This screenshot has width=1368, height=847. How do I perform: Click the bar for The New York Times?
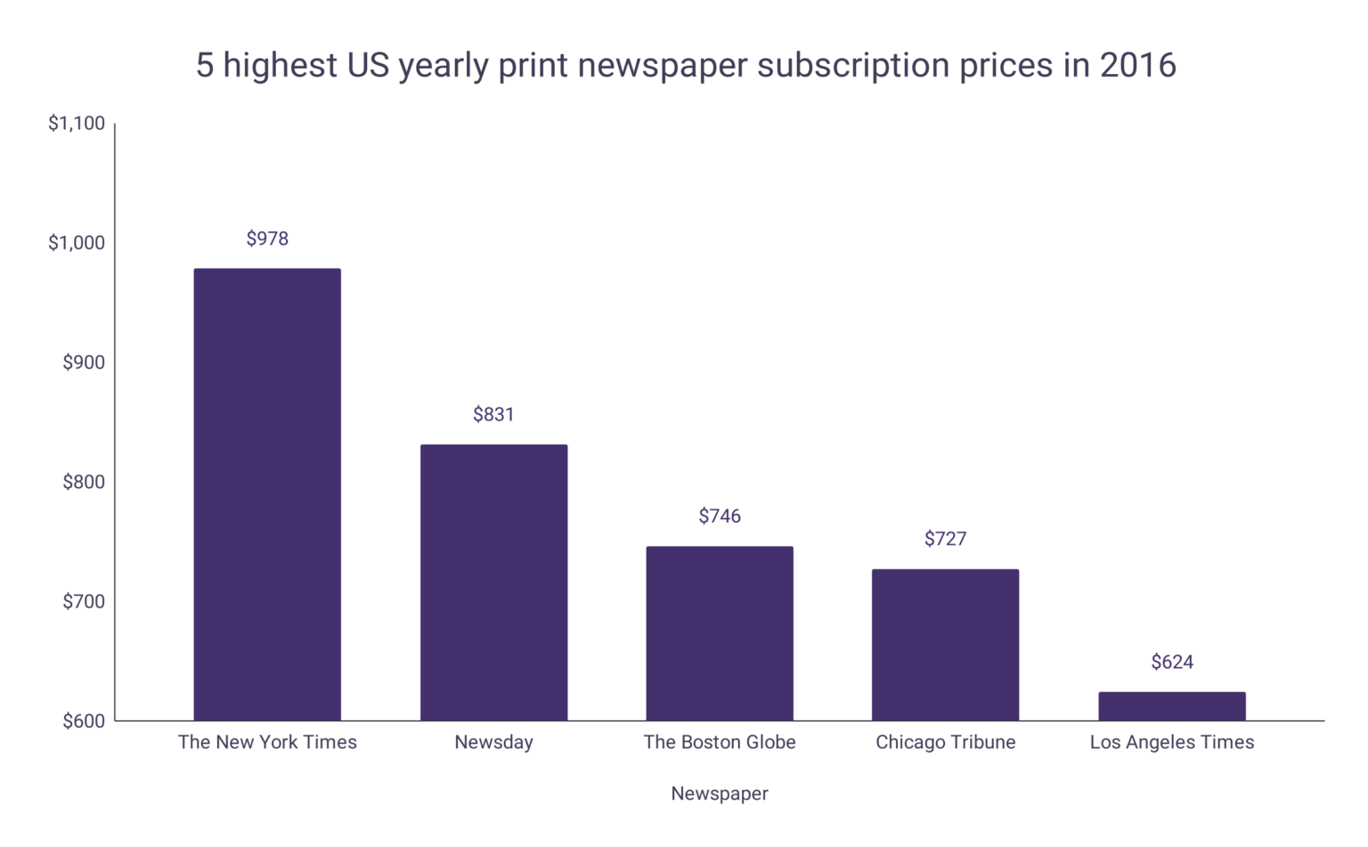[267, 494]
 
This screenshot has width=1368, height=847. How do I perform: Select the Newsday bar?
[493, 582]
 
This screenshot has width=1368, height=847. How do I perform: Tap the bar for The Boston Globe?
[719, 633]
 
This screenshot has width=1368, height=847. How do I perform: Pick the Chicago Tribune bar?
[945, 645]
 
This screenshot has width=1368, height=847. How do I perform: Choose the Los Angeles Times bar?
[1171, 706]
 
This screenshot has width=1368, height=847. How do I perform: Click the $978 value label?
[267, 239]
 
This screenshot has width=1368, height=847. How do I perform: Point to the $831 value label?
[493, 414]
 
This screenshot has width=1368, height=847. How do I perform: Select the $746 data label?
[719, 516]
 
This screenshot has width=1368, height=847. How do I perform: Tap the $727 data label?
[945, 539]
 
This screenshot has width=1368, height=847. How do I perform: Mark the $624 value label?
[1171, 662]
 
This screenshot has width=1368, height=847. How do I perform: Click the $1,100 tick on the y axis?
[77, 124]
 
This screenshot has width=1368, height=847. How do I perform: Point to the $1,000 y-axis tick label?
[77, 243]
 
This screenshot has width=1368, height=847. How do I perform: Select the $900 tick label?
[83, 362]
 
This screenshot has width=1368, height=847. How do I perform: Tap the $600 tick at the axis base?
[83, 721]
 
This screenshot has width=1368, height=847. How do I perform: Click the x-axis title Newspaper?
[719, 794]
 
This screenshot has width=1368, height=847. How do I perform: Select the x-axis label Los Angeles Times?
[1171, 742]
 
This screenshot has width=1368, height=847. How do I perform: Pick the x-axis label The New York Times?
[267, 742]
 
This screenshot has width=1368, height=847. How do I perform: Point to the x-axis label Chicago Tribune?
[945, 742]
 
